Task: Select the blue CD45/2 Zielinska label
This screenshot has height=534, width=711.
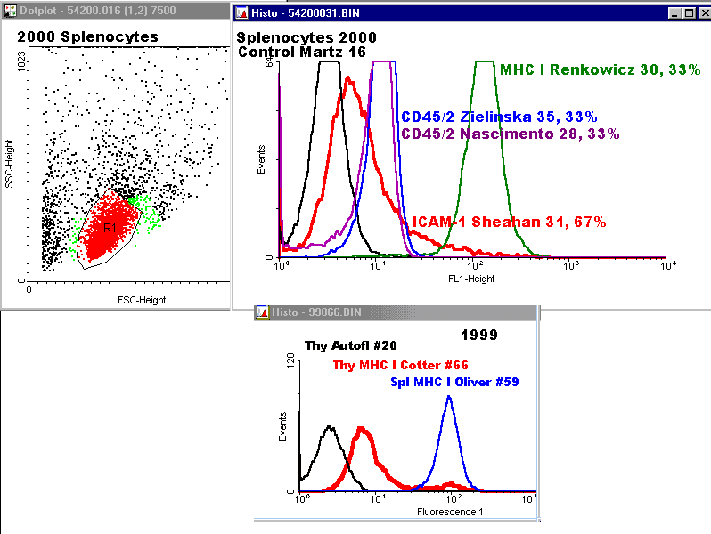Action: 498,117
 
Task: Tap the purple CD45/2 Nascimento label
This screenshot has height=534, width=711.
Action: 511,133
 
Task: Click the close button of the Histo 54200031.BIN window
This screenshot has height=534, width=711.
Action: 702,13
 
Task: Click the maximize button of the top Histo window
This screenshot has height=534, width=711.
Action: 688,13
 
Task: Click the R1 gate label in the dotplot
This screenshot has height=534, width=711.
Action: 110,229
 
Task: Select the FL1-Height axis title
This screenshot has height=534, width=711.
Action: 473,278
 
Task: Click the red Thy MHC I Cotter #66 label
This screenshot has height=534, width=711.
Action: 400,365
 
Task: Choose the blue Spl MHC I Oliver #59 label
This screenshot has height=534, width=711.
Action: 454,382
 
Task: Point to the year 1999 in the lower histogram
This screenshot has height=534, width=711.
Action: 479,336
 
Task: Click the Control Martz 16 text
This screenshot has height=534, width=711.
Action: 302,52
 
